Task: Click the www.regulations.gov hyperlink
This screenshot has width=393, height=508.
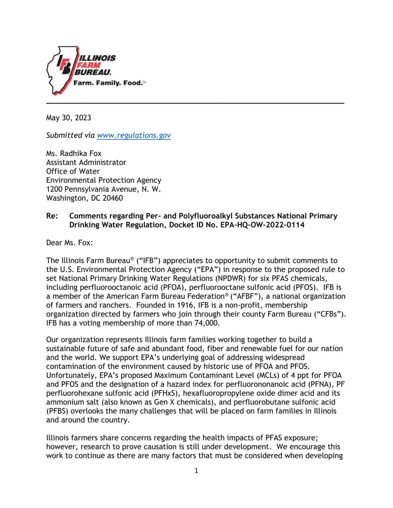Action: pos(134,135)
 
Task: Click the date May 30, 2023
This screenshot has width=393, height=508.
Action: pos(68,118)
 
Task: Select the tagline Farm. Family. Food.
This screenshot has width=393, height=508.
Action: pos(108,83)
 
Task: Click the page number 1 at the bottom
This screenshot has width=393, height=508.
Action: pos(196,471)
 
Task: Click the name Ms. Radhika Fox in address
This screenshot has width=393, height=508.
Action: pos(74,153)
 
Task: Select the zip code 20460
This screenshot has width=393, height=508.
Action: pos(113,198)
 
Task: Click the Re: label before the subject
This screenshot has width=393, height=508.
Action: pos(52,216)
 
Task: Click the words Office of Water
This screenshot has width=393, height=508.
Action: pos(73,171)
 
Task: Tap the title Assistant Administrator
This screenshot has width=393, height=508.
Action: pos(86,162)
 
